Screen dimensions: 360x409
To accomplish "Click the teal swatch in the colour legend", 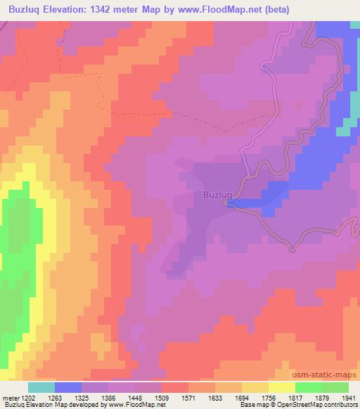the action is click(41, 387).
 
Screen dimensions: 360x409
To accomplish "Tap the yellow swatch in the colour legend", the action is click(281, 387).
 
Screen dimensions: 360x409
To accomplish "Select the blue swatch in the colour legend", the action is click(67, 387).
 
